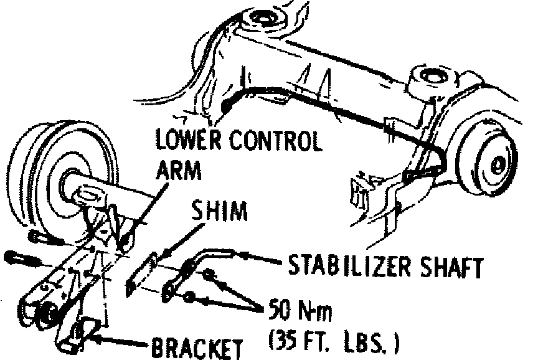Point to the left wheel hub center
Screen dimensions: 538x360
tap(68, 180)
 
